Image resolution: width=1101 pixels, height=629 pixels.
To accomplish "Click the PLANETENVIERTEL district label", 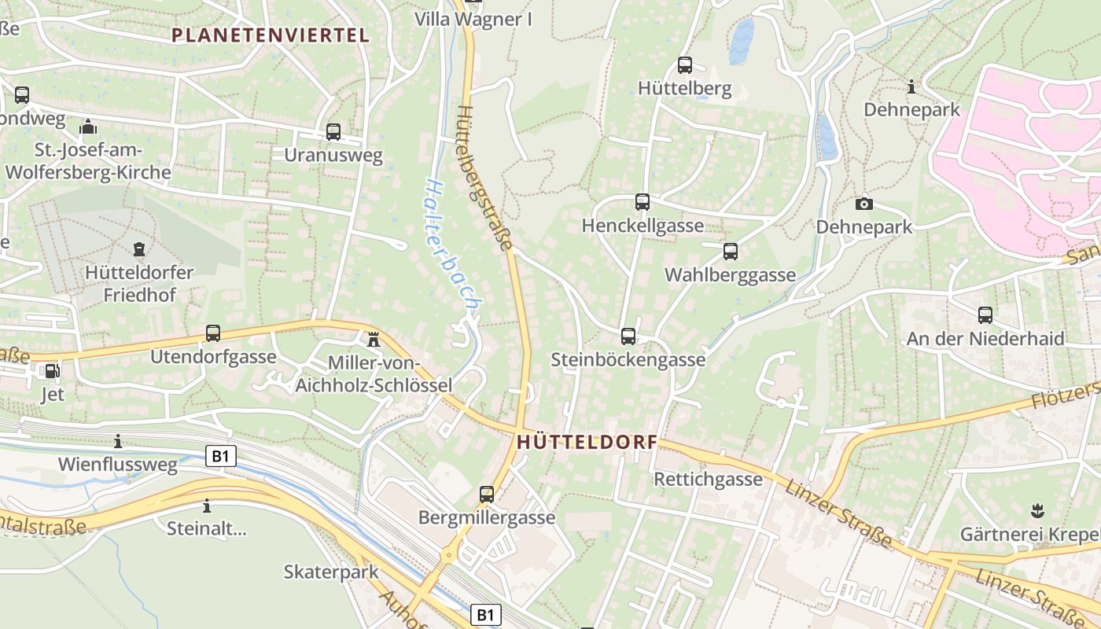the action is [x=270, y=35].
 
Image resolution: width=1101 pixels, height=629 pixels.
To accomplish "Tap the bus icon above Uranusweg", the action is [x=333, y=132].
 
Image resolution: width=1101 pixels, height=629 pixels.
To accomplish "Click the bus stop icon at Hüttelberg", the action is [x=685, y=65].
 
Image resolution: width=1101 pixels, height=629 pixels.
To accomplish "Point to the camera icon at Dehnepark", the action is [x=864, y=204].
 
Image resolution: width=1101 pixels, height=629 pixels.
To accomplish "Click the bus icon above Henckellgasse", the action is [x=643, y=202].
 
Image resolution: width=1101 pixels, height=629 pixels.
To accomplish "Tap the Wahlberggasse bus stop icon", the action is [x=731, y=252].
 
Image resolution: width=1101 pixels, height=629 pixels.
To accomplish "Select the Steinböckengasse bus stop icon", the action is [x=628, y=337].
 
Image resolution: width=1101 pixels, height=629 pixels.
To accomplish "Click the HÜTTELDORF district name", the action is [x=587, y=443].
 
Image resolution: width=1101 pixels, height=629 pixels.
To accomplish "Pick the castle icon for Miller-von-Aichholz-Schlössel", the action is [x=374, y=340].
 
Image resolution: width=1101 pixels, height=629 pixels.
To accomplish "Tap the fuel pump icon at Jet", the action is [x=52, y=371].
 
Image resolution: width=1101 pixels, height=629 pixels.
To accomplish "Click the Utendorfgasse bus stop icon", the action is [x=213, y=333].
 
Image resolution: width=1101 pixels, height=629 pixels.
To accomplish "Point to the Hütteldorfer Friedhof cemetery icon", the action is [x=140, y=250].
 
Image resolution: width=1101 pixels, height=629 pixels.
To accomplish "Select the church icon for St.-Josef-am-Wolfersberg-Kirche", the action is [x=88, y=127].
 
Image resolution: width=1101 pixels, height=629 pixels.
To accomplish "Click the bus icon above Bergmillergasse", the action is [x=487, y=495].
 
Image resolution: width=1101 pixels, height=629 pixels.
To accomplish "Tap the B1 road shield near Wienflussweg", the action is [x=221, y=456].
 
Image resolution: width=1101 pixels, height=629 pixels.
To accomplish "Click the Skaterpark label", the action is [x=331, y=572].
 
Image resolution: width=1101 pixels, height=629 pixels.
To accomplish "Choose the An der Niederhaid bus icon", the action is [x=985, y=315].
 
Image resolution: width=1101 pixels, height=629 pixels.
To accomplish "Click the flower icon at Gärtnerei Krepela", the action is [x=1037, y=511].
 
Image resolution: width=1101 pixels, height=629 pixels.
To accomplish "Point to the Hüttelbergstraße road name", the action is [x=483, y=178].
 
